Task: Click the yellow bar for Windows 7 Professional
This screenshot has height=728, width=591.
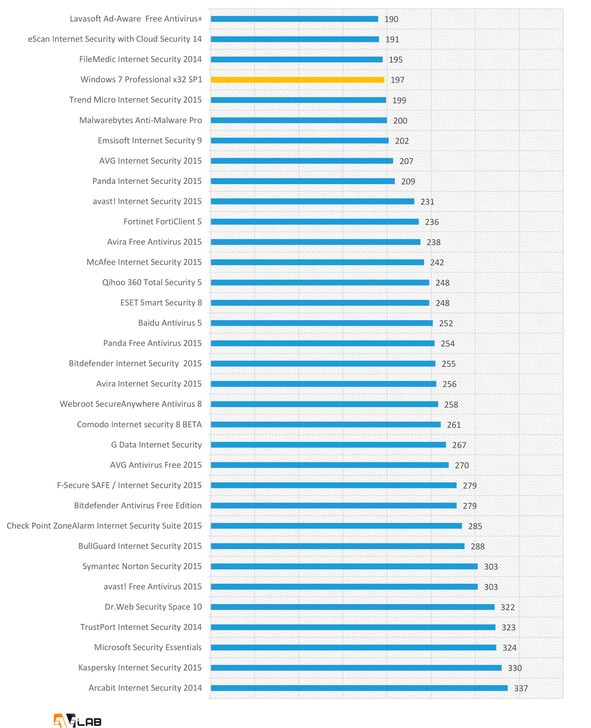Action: click(x=297, y=80)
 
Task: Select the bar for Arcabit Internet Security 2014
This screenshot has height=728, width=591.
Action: click(x=359, y=688)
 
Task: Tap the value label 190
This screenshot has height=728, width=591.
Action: click(x=391, y=19)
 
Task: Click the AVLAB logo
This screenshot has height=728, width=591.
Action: click(x=78, y=721)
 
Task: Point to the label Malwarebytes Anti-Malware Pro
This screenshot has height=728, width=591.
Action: click(x=140, y=120)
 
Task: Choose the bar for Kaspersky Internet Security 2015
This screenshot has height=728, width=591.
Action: click(x=356, y=668)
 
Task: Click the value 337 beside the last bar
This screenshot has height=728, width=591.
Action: click(x=520, y=688)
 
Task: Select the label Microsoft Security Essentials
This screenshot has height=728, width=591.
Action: click(x=148, y=647)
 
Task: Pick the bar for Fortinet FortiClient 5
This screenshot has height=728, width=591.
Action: click(x=314, y=222)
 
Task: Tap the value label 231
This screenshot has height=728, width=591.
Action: click(x=427, y=202)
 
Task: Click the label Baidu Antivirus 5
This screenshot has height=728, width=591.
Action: click(x=170, y=323)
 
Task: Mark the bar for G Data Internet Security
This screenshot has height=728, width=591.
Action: click(x=328, y=445)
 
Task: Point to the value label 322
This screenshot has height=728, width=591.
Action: click(x=507, y=607)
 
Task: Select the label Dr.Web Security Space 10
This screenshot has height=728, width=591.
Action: click(x=153, y=607)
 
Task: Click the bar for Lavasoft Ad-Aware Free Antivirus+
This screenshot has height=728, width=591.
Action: click(x=294, y=19)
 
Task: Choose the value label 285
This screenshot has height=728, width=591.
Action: click(x=475, y=526)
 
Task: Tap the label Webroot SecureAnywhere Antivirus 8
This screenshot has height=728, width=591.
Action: click(x=130, y=404)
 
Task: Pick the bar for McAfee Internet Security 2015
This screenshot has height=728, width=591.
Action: click(x=317, y=262)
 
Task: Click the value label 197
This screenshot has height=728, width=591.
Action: click(x=397, y=80)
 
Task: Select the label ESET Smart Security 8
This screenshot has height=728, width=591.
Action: click(x=161, y=303)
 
